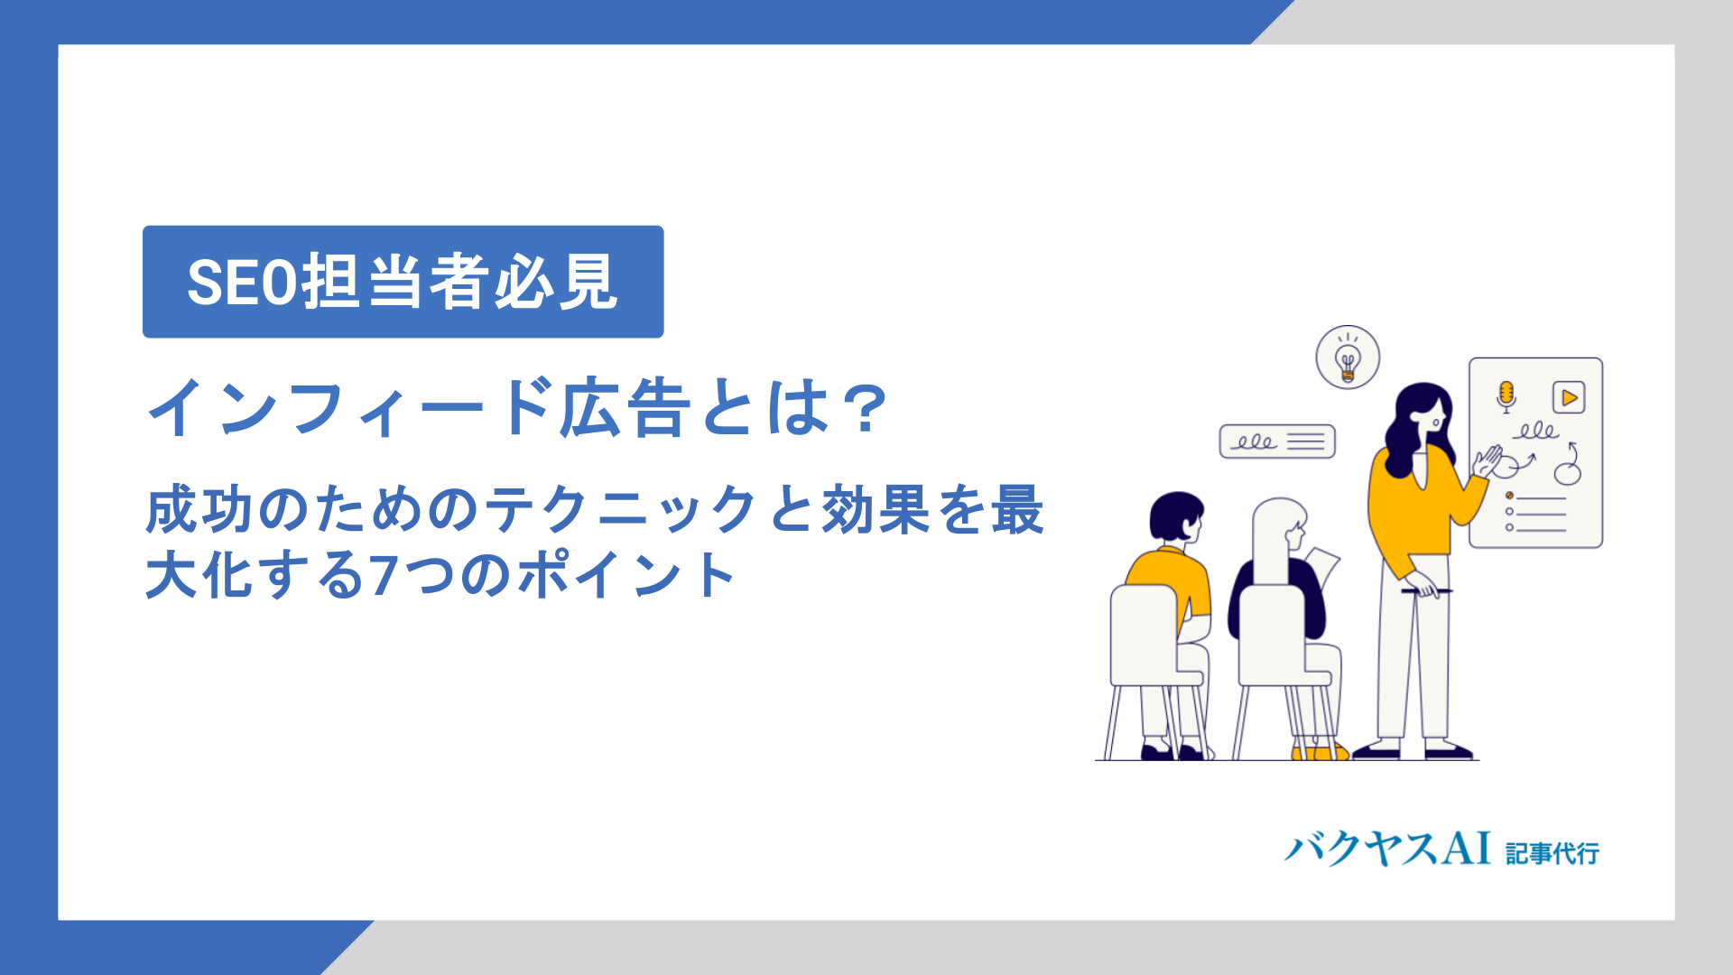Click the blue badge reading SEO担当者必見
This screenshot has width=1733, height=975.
tap(403, 282)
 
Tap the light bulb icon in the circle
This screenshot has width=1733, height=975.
tap(1348, 357)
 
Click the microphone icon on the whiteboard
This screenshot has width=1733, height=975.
tap(1506, 396)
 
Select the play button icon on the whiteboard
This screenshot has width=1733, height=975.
tap(1569, 397)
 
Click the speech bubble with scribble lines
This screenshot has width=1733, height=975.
tap(1277, 441)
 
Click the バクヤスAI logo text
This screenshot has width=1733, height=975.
tap(1387, 850)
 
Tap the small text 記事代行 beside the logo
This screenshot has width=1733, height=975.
tap(1552, 853)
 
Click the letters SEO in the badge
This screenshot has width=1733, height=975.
tap(242, 283)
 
